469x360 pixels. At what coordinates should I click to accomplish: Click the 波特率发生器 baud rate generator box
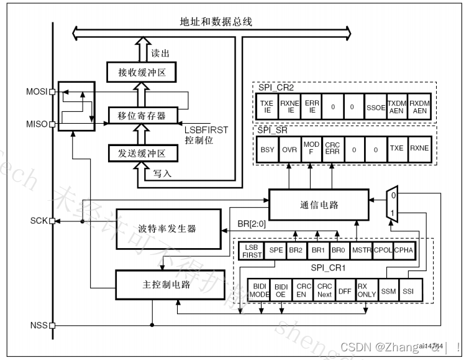pos(170,228)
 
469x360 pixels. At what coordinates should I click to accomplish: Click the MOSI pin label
pos(37,91)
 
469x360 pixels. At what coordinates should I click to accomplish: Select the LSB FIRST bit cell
pos(251,251)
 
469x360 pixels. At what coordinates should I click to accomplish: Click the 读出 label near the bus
pos(160,53)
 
